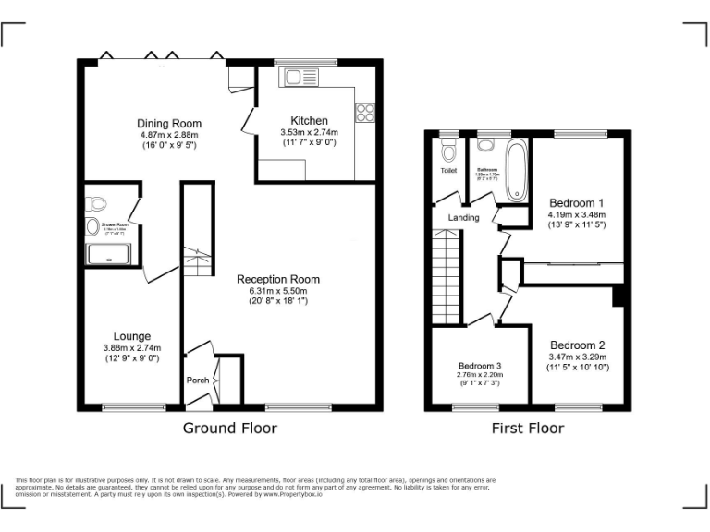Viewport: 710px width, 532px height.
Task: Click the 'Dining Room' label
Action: (169, 124)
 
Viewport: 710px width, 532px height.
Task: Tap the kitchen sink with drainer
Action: (301, 77)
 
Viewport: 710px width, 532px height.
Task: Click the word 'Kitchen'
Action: (309, 121)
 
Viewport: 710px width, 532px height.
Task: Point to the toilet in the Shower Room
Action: (98, 204)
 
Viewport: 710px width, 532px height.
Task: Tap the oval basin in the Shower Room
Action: (92, 227)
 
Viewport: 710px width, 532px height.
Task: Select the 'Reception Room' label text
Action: (278, 279)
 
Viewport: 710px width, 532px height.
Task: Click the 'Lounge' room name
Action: (132, 336)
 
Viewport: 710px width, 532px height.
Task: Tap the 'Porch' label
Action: (198, 381)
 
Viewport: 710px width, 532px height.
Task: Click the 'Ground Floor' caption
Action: (229, 428)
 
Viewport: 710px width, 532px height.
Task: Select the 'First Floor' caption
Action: (528, 428)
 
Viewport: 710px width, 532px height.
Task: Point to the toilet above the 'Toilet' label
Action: (449, 151)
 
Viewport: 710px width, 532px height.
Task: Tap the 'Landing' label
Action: (463, 218)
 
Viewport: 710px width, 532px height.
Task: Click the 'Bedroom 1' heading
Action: (577, 203)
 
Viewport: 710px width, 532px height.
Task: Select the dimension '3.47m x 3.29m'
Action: (577, 357)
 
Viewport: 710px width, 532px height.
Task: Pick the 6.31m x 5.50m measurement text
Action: (278, 290)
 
